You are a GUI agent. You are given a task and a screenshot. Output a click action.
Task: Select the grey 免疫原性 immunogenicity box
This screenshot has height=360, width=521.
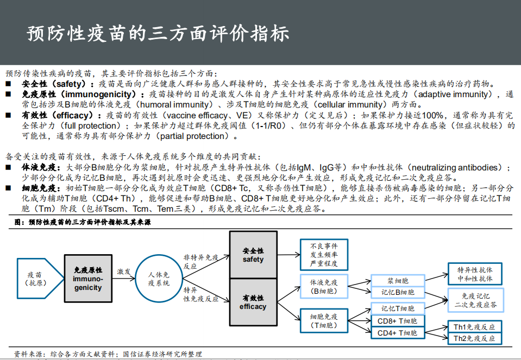click(x=87, y=279)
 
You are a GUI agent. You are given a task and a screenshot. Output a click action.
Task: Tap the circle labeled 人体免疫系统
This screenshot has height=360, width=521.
click(x=159, y=279)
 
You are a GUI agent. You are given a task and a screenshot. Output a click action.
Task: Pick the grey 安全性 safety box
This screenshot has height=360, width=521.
click(x=253, y=255)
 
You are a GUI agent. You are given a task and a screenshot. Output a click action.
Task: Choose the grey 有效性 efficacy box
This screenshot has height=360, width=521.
click(x=253, y=302)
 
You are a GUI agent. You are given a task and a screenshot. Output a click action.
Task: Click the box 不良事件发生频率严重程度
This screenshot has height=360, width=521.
click(x=323, y=255)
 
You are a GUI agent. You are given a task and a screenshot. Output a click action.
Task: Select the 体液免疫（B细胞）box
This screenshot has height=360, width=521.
click(x=323, y=287)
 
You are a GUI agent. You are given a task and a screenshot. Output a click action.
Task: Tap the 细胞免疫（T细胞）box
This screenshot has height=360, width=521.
click(x=323, y=320)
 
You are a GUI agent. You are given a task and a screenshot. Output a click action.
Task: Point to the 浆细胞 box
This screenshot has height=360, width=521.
click(x=398, y=281)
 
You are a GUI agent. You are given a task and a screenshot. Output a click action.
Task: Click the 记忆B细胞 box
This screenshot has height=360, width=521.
click(x=398, y=292)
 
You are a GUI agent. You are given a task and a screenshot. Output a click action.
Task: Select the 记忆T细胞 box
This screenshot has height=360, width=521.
click(x=398, y=309)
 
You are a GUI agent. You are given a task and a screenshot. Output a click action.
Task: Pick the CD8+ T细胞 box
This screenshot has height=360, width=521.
click(x=398, y=320)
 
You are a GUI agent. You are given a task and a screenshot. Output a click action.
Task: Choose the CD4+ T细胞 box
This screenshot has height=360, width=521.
click(x=398, y=332)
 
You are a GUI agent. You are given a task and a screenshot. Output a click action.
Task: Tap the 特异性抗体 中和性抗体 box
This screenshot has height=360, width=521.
click(x=475, y=274)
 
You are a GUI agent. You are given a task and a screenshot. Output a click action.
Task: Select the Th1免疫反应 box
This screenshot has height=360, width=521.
click(x=474, y=327)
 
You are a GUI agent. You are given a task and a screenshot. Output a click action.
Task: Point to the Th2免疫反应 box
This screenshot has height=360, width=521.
click(x=474, y=338)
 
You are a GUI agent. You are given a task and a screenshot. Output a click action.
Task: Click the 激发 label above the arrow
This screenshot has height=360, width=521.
click(x=124, y=271)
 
